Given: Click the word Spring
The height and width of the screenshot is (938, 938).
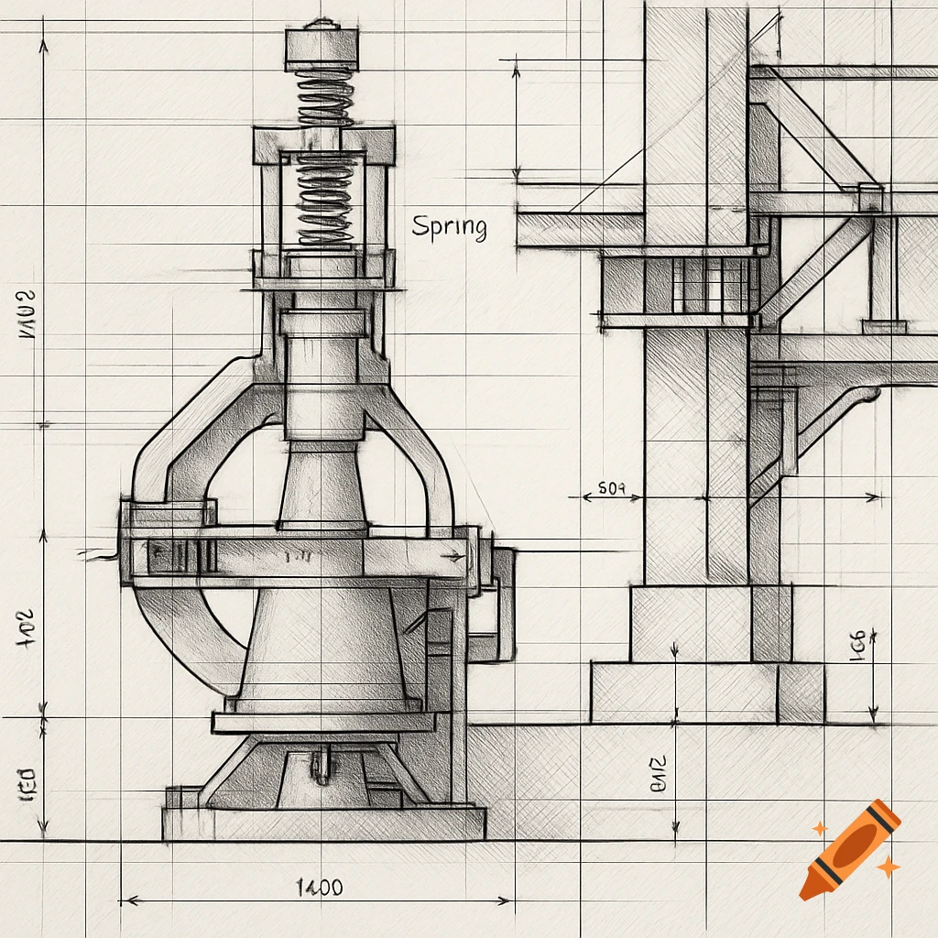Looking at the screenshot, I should click(x=449, y=226).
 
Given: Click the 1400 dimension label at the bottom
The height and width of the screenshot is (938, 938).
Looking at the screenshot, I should click(x=320, y=887).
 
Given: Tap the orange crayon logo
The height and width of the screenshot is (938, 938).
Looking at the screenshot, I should click(x=849, y=849).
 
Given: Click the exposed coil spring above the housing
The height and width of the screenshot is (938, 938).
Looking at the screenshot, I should click(x=324, y=98).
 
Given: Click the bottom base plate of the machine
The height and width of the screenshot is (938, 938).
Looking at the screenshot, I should click(x=323, y=823).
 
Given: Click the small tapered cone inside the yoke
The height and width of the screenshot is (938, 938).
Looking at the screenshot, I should click(x=322, y=485).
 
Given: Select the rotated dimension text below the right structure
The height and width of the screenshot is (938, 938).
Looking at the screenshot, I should click(x=658, y=772).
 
